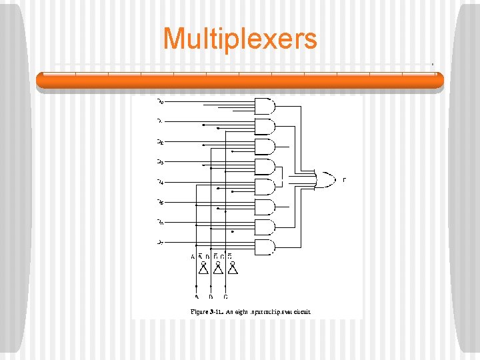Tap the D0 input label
pyautogui.click(x=160, y=102)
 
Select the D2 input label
pyautogui.click(x=160, y=141)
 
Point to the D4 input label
pyautogui.click(x=160, y=181)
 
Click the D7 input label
pyautogui.click(x=160, y=242)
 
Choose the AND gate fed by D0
pyautogui.click(x=265, y=106)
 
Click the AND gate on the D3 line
pyautogui.click(x=265, y=166)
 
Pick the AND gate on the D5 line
pyautogui.click(x=265, y=207)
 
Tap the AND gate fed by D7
pyautogui.click(x=265, y=247)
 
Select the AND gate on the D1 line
pyautogui.click(x=265, y=126)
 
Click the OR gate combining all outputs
pyautogui.click(x=327, y=179)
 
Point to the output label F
pyautogui.click(x=344, y=180)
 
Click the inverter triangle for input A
pyautogui.click(x=203, y=269)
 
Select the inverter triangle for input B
pyautogui.click(x=218, y=269)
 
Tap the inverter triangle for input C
pyautogui.click(x=233, y=269)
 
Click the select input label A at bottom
pyautogui.click(x=196, y=297)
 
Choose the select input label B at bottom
pyautogui.click(x=211, y=297)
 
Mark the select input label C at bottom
pyautogui.click(x=225, y=297)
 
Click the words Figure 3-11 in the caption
pyautogui.click(x=208, y=311)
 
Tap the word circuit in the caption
pyautogui.click(x=301, y=311)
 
